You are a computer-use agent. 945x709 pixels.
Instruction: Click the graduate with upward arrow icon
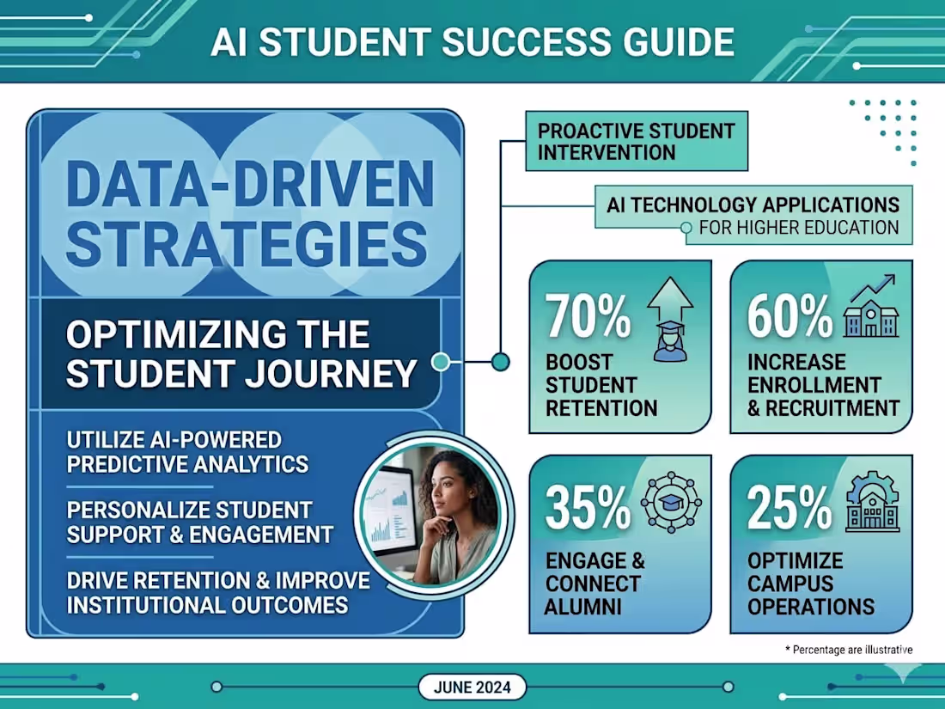[669, 318]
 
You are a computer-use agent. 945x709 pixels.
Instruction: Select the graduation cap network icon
[671, 502]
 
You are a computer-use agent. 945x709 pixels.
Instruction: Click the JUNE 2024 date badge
[472, 687]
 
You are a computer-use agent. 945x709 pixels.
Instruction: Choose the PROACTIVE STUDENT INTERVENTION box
[636, 143]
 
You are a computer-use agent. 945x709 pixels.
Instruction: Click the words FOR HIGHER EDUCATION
[799, 229]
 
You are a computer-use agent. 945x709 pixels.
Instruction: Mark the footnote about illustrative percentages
[849, 650]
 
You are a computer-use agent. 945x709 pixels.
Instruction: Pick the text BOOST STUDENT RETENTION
[601, 384]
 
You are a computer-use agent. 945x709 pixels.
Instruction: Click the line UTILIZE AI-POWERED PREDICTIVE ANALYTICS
[187, 452]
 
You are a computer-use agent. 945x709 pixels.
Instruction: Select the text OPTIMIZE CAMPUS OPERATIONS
[810, 584]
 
